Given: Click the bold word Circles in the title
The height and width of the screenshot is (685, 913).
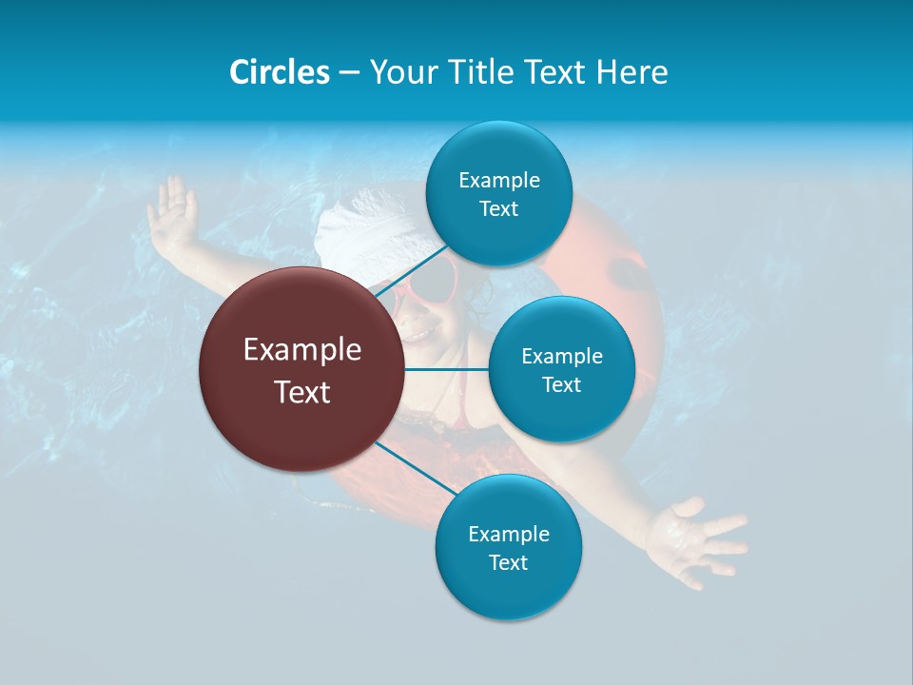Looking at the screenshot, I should click(279, 72).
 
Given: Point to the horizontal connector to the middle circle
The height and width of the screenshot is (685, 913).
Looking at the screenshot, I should click(446, 369).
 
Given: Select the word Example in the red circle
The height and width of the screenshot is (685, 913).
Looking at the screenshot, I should click(302, 350).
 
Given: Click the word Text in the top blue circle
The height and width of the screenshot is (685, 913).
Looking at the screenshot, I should click(498, 209).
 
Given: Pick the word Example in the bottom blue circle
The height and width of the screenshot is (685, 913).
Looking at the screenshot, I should click(508, 534).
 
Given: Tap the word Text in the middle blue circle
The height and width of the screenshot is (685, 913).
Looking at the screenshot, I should click(562, 384).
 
